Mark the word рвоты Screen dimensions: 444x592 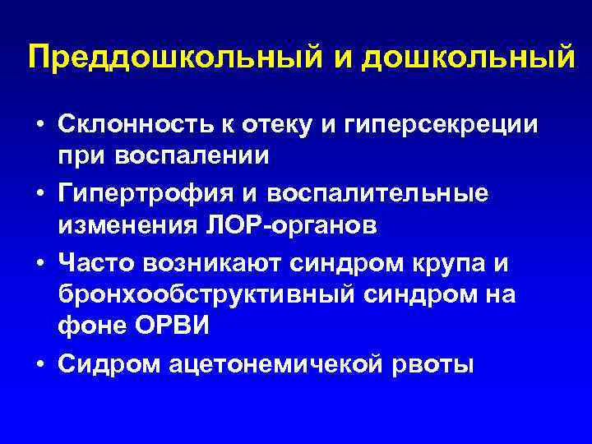click(x=435, y=363)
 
